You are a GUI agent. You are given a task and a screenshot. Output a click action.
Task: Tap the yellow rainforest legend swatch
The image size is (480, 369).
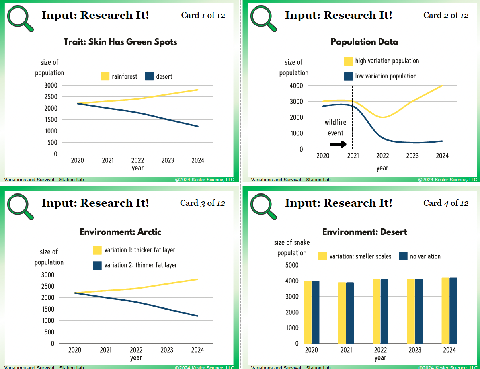coord(105,76)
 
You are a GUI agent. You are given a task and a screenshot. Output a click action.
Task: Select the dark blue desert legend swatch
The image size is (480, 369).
coord(150,76)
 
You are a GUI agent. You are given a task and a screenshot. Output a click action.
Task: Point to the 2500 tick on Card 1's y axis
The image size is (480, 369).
coord(51,97)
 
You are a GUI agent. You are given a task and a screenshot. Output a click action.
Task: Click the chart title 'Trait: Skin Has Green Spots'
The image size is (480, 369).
coord(120,42)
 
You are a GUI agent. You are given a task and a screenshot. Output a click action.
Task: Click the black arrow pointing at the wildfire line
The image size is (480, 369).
coord(338,144)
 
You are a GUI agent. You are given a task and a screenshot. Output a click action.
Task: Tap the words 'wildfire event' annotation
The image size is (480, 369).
coord(336,127)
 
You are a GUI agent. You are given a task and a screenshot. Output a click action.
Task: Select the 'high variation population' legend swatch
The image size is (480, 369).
coord(349,61)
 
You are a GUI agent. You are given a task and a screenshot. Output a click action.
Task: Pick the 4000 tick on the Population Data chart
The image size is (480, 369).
coord(296,86)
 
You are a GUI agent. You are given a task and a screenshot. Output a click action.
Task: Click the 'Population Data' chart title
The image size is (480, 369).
coord(364,42)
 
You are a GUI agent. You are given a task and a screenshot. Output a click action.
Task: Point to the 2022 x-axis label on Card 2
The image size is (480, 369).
coord(383,156)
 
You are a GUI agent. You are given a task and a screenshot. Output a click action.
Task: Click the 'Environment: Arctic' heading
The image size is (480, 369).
coord(120,232)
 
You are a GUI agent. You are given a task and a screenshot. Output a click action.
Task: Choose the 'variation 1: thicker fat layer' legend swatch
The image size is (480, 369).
coord(97,250)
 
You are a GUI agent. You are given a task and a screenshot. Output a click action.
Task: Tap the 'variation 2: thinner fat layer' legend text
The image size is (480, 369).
coord(141,265)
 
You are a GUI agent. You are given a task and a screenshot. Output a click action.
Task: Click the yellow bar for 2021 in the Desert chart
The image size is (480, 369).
coord(342,313)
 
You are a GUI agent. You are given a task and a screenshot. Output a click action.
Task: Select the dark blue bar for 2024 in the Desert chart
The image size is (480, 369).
coord(453,311)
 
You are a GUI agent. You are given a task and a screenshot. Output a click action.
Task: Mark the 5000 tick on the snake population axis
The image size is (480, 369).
coord(292,265)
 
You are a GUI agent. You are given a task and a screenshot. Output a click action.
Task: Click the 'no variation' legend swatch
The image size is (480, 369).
coord(404,256)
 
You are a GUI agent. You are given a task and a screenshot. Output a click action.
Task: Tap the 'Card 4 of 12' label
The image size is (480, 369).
coord(446,203)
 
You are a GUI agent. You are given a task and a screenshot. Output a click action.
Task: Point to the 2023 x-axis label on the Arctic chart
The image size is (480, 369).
coord(167,350)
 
